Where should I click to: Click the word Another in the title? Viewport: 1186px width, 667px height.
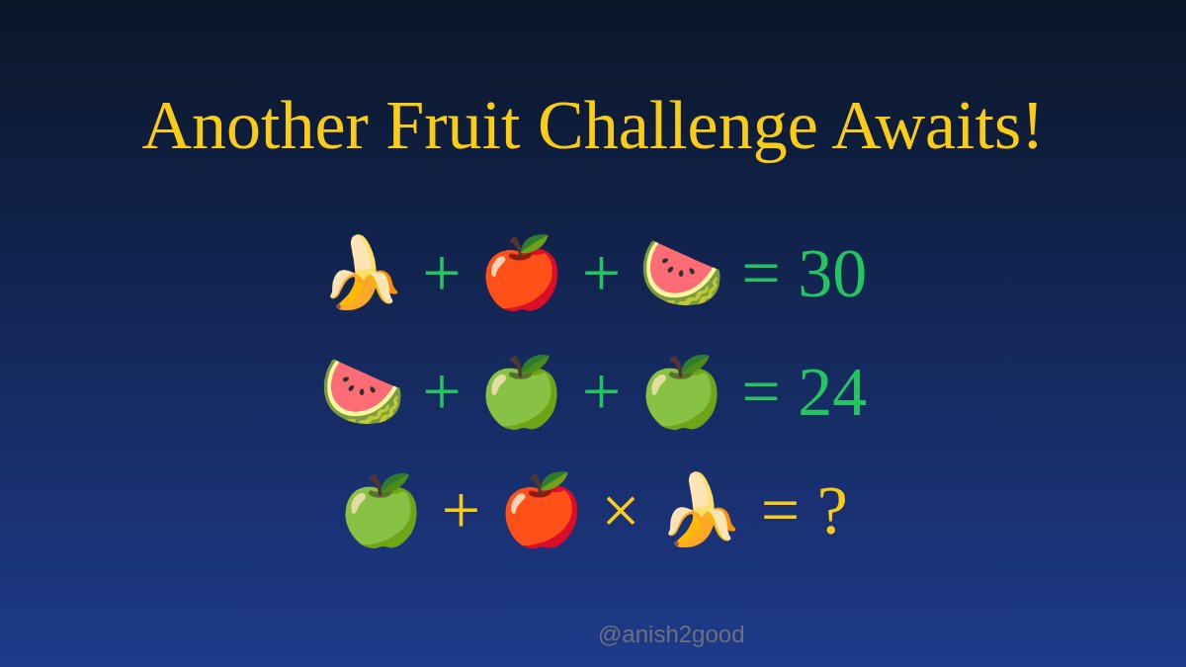tap(255, 126)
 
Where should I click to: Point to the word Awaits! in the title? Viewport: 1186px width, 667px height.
tap(937, 126)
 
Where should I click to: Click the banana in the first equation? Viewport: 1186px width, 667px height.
tap(363, 273)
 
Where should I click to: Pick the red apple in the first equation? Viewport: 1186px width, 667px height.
tap(521, 273)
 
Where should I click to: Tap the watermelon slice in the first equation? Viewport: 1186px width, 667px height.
tap(681, 273)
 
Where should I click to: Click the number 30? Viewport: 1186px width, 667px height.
tap(832, 274)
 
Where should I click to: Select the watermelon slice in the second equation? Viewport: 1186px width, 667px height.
tap(363, 391)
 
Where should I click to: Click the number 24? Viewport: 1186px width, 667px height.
tap(832, 392)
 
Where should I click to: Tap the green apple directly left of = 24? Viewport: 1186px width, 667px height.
tap(681, 392)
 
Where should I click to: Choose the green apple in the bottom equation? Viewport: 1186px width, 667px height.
tap(381, 510)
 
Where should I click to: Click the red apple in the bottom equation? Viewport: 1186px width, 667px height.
tap(541, 510)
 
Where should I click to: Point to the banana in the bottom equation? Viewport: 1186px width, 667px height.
tap(701, 510)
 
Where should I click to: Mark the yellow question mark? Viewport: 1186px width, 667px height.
tap(832, 511)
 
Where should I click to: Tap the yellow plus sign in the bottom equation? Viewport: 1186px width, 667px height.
tap(461, 512)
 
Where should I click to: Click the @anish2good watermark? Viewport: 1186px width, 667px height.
tap(671, 634)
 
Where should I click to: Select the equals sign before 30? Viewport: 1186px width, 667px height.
tap(761, 275)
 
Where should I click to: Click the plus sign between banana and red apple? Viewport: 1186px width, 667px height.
tap(442, 274)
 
